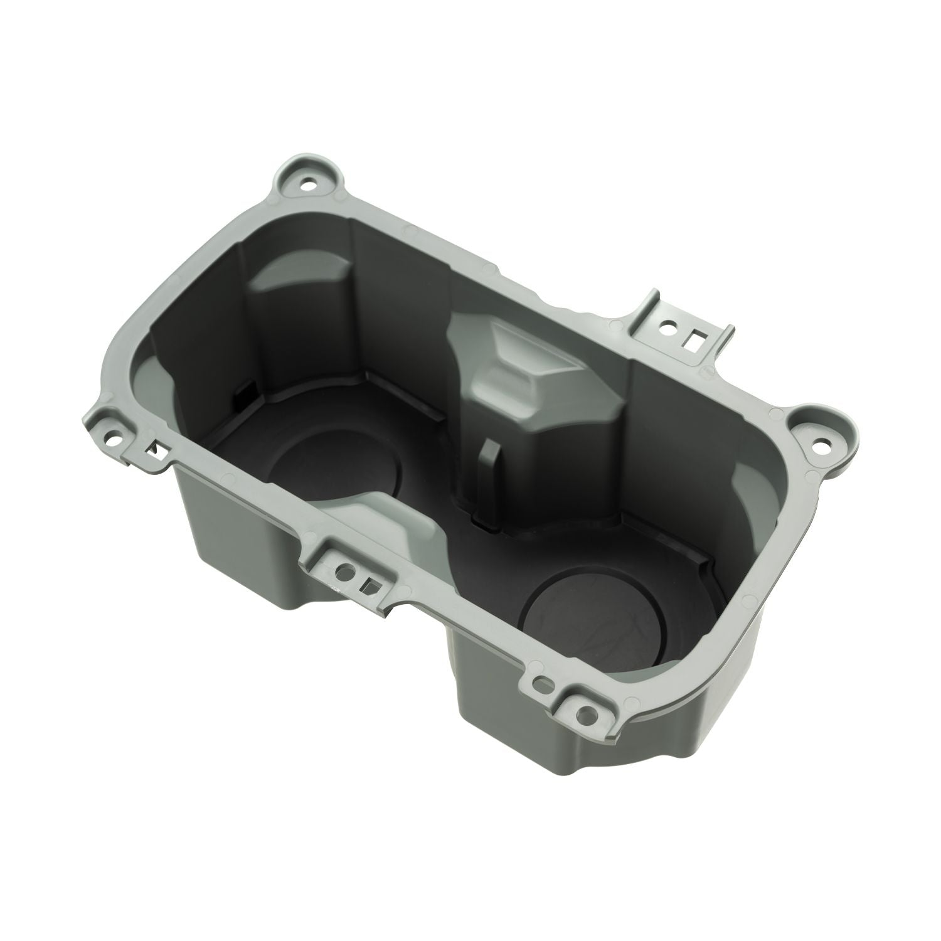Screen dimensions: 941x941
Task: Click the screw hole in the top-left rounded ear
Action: (x=309, y=186)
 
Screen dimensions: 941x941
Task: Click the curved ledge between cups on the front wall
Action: (x=389, y=502)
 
